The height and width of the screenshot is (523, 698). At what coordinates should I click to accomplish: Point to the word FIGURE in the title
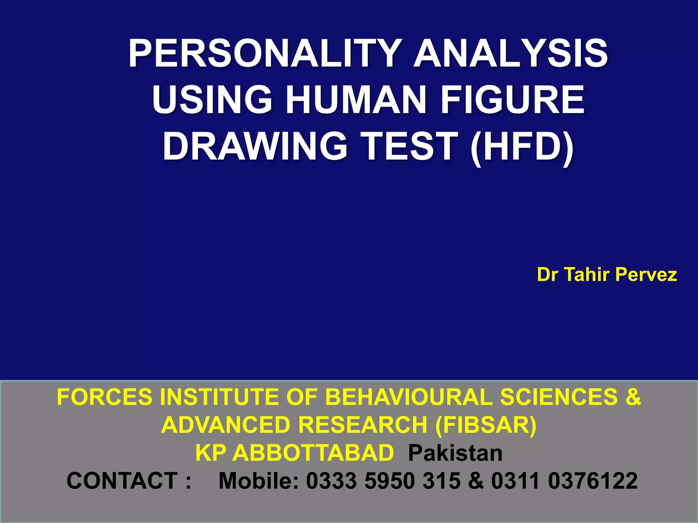[x=513, y=100]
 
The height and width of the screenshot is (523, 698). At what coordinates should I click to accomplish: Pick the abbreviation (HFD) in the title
[x=521, y=146]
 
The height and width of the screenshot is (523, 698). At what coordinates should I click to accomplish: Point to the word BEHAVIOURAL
[x=409, y=397]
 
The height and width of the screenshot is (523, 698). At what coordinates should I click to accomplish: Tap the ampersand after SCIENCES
[x=633, y=397]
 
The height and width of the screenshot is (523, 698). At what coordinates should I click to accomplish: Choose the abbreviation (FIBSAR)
[x=486, y=425]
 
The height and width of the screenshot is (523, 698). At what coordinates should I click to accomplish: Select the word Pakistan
[x=455, y=453]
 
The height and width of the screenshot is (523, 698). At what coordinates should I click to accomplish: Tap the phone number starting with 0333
[x=383, y=481]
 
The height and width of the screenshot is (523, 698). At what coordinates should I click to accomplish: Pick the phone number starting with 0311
[x=564, y=481]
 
